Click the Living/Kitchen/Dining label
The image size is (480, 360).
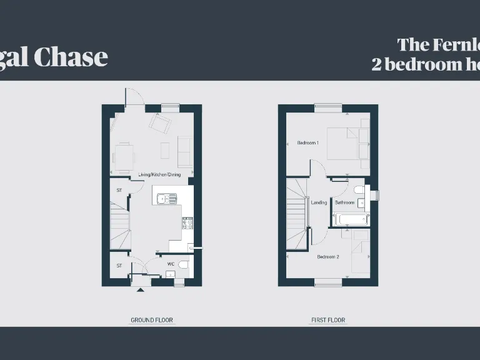click(159, 174)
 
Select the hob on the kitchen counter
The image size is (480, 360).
click(187, 222)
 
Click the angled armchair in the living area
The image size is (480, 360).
click(161, 125)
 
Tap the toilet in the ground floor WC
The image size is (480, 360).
click(182, 265)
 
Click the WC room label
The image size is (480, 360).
click(171, 264)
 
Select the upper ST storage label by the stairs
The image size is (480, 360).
click(119, 190)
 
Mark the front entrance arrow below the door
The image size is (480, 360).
click(139, 289)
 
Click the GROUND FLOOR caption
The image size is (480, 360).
click(152, 320)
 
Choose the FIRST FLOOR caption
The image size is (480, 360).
click(328, 320)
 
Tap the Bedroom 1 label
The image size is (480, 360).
click(307, 143)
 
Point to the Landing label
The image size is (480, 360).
click(319, 202)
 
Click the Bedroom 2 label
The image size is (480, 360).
click(328, 257)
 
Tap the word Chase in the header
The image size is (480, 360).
click(70, 57)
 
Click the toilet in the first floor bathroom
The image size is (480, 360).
click(359, 189)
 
